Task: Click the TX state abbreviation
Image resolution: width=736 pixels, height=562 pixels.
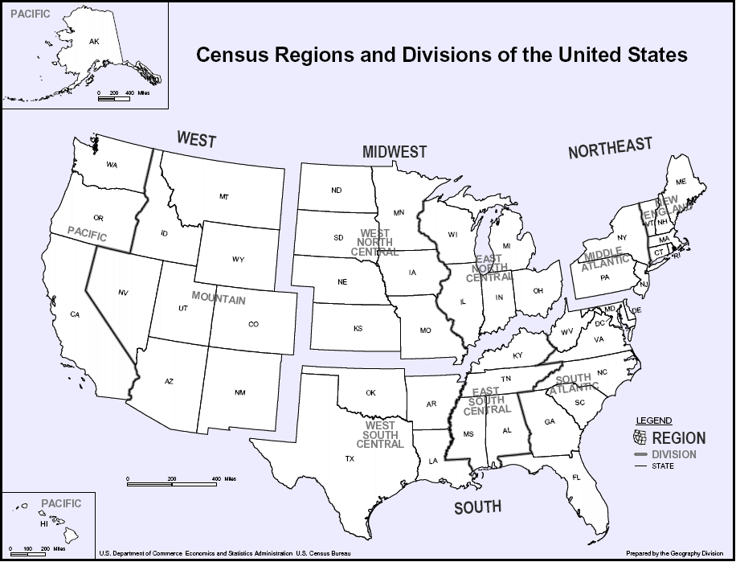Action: click(350, 459)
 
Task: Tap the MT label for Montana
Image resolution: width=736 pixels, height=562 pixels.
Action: click(224, 197)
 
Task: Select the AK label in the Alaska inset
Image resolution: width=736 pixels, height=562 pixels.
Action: click(94, 42)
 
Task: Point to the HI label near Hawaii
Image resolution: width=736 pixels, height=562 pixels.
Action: click(44, 523)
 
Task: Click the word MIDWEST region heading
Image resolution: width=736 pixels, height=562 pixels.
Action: click(395, 152)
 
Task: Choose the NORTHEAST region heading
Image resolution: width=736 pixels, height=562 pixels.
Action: click(610, 148)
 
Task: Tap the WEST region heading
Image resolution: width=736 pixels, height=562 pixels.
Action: click(197, 140)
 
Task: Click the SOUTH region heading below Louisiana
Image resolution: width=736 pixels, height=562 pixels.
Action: click(477, 507)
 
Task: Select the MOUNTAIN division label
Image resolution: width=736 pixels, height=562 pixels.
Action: click(219, 299)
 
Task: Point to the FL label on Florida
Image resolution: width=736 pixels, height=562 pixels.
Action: click(576, 478)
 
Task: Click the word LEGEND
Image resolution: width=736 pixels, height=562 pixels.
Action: click(654, 420)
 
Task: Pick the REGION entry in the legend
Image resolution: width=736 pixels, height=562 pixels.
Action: click(679, 438)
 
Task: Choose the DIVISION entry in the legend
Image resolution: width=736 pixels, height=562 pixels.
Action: click(674, 454)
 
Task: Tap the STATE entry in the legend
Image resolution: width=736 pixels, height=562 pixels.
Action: click(663, 466)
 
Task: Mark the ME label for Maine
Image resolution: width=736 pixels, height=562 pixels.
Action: click(681, 183)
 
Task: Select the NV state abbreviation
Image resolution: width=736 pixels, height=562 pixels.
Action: click(123, 293)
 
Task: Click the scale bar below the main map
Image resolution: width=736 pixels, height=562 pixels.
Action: click(172, 483)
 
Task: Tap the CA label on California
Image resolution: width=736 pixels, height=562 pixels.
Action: click(75, 314)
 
